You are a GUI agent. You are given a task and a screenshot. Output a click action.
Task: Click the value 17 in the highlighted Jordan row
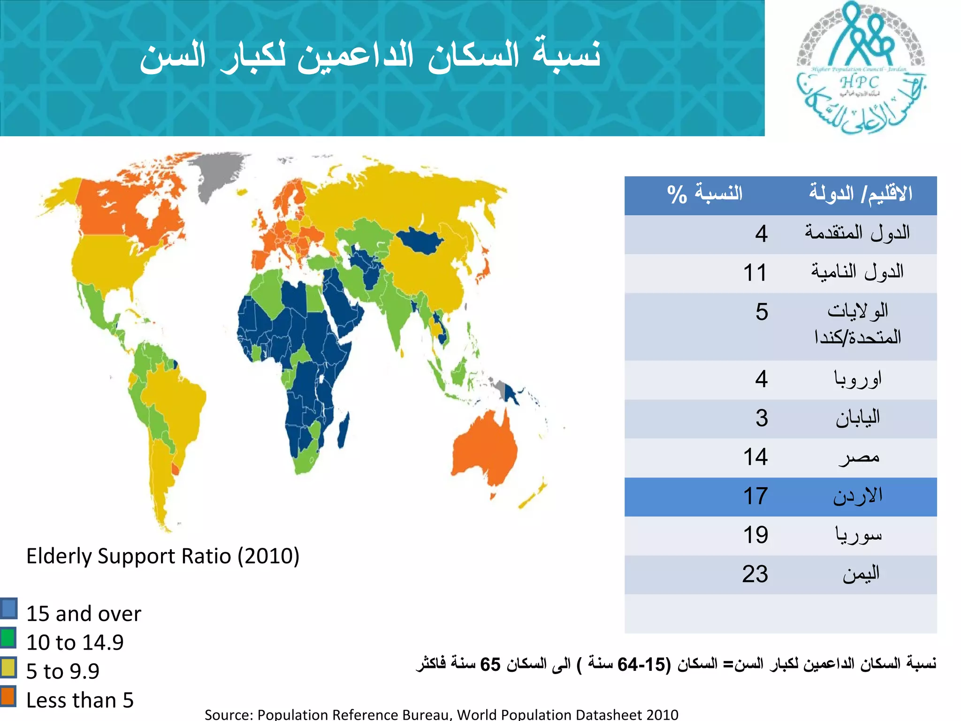(755, 496)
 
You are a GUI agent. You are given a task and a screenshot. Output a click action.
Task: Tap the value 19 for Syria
(755, 535)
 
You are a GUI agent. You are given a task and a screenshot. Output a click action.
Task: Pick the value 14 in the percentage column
(755, 457)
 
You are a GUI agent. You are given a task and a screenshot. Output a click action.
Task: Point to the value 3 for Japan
(761, 418)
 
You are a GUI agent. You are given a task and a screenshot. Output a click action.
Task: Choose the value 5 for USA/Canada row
(761, 312)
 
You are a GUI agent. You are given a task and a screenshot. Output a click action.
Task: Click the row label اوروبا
(857, 379)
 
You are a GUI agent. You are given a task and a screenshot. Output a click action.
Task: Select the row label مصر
(859, 457)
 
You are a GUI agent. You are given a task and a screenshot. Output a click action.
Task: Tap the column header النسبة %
(704, 194)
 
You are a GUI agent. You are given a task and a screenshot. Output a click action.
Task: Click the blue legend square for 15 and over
(8, 608)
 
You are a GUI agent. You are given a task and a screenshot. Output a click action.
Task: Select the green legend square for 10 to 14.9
(8, 638)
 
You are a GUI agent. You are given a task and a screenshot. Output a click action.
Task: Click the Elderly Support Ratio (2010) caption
(162, 556)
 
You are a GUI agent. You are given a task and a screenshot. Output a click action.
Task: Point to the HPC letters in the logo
(859, 83)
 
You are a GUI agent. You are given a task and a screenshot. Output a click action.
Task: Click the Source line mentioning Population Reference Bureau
(441, 714)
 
